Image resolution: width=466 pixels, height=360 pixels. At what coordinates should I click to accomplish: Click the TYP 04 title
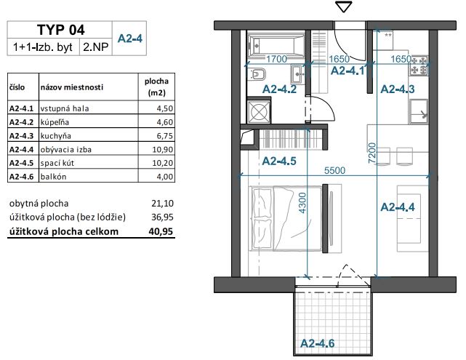tap(61, 30)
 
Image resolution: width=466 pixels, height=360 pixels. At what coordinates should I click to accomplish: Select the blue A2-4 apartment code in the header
tap(130, 39)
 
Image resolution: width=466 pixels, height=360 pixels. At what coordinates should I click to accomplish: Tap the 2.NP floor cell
tap(96, 47)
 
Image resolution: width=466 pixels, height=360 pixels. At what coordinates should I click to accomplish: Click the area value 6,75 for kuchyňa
tap(164, 136)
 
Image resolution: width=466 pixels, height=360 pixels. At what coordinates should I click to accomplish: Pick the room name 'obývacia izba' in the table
tap(66, 149)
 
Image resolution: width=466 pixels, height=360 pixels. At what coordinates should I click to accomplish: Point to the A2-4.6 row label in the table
tap(21, 177)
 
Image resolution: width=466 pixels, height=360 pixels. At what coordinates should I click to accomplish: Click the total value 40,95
tap(161, 231)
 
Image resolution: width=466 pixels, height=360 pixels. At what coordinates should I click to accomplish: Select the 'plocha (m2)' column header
tap(156, 87)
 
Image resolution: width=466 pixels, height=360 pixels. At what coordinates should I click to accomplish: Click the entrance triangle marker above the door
tap(344, 7)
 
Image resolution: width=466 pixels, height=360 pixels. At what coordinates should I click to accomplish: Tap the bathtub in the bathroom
tap(276, 45)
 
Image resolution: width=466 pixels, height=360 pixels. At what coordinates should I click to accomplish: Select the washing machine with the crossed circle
tap(259, 112)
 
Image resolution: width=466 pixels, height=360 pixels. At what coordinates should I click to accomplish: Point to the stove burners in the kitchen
tap(419, 65)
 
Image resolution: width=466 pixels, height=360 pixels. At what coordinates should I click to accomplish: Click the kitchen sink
tap(419, 111)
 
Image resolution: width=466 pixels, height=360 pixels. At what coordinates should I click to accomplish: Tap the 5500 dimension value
tap(334, 170)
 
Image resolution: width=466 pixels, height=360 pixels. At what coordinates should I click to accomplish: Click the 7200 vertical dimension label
tap(372, 153)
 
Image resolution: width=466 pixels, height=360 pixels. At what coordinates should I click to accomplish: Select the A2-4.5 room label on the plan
tap(279, 161)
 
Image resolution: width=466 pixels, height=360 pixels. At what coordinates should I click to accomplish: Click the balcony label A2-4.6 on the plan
tap(317, 343)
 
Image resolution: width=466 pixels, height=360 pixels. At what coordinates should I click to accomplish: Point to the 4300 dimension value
tap(302, 203)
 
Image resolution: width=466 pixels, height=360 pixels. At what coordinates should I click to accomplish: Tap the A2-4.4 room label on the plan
tap(398, 207)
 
